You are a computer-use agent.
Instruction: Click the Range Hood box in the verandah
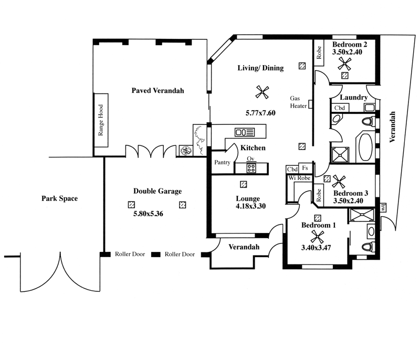pyautogui.click(x=101, y=120)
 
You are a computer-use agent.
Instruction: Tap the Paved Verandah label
pyautogui.click(x=158, y=90)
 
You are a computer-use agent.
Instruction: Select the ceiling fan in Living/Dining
pyautogui.click(x=262, y=92)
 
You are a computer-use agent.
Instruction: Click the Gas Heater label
pyautogui.click(x=298, y=102)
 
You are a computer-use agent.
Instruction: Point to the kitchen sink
pyautogui.click(x=245, y=132)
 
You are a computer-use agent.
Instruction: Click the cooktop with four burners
pyautogui.click(x=251, y=168)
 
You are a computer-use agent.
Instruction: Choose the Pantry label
pyautogui.click(x=222, y=162)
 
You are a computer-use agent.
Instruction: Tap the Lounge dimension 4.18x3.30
pyautogui.click(x=251, y=206)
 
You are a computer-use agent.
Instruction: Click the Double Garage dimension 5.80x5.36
pyautogui.click(x=148, y=214)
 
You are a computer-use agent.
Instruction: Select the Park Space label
pyautogui.click(x=59, y=198)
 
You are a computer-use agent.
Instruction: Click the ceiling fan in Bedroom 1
pyautogui.click(x=317, y=237)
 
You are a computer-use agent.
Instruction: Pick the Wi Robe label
pyautogui.click(x=299, y=178)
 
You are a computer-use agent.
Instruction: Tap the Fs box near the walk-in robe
pyautogui.click(x=305, y=168)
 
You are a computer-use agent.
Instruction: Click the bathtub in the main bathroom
pyautogui.click(x=365, y=147)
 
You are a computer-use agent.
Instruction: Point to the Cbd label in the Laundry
pyautogui.click(x=340, y=108)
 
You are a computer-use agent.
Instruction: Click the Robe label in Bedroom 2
pyautogui.click(x=319, y=52)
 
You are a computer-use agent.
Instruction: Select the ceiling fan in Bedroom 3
pyautogui.click(x=339, y=182)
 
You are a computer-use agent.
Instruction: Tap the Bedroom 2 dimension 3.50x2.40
pyautogui.click(x=347, y=52)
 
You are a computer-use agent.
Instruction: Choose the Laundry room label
pyautogui.click(x=353, y=97)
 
